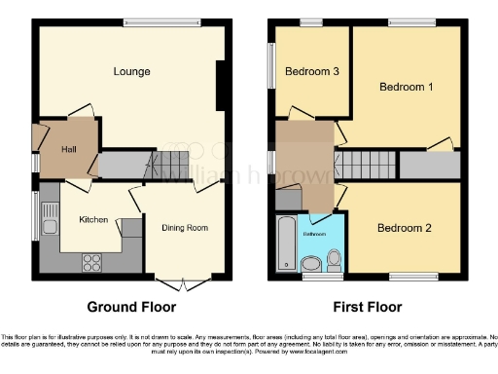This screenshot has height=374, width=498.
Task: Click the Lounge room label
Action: coord(130,71)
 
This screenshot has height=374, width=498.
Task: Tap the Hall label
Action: coord(67,148)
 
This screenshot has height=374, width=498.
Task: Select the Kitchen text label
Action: coord(92,220)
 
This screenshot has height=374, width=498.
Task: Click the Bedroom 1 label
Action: coord(405,87)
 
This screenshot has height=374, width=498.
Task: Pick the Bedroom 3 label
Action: coord(311,71)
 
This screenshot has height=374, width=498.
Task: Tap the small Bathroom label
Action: coord(313,235)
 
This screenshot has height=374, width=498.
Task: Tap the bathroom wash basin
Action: coord(312,263)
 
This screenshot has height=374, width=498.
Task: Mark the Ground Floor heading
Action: coord(131,307)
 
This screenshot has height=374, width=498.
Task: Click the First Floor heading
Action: coord(366,307)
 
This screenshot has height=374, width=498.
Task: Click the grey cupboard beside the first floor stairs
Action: coord(429,166)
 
